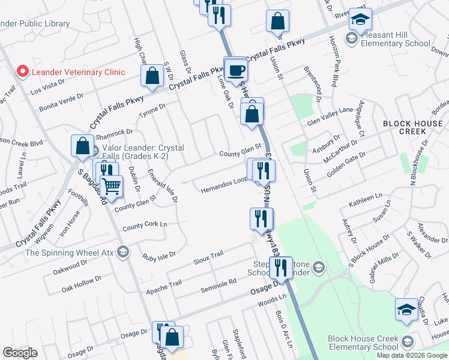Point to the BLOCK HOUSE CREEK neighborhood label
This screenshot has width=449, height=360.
click(x=413, y=127)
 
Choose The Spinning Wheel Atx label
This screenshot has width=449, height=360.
click(x=70, y=253)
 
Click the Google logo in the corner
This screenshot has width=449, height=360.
click(x=20, y=353)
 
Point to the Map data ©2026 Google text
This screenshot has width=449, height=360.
click(x=412, y=355)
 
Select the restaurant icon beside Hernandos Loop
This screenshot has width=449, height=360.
click(x=262, y=170)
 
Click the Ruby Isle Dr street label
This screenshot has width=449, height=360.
click(x=158, y=256)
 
